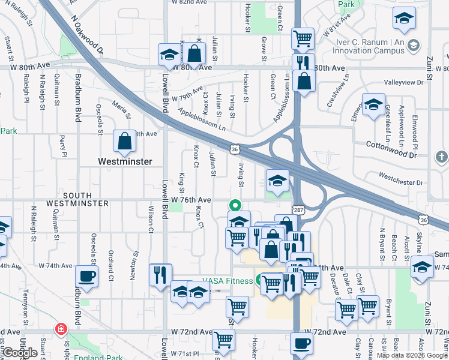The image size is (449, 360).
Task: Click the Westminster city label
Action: (125, 161)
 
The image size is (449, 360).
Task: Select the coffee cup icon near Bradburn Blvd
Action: (86, 277)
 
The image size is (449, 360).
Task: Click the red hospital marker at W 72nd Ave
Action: (60, 329)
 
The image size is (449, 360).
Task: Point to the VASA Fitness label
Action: (226, 279)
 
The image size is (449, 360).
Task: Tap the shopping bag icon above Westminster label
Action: (125, 142)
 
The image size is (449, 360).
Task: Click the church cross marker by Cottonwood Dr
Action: (441, 158)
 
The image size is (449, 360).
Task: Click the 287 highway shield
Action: (298, 209)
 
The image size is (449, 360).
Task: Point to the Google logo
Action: (20, 352)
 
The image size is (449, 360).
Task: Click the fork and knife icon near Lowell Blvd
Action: (160, 275)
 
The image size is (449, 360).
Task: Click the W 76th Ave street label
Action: (191, 200)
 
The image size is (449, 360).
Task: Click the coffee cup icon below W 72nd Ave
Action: (301, 344)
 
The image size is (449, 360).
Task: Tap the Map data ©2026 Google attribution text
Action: (412, 355)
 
